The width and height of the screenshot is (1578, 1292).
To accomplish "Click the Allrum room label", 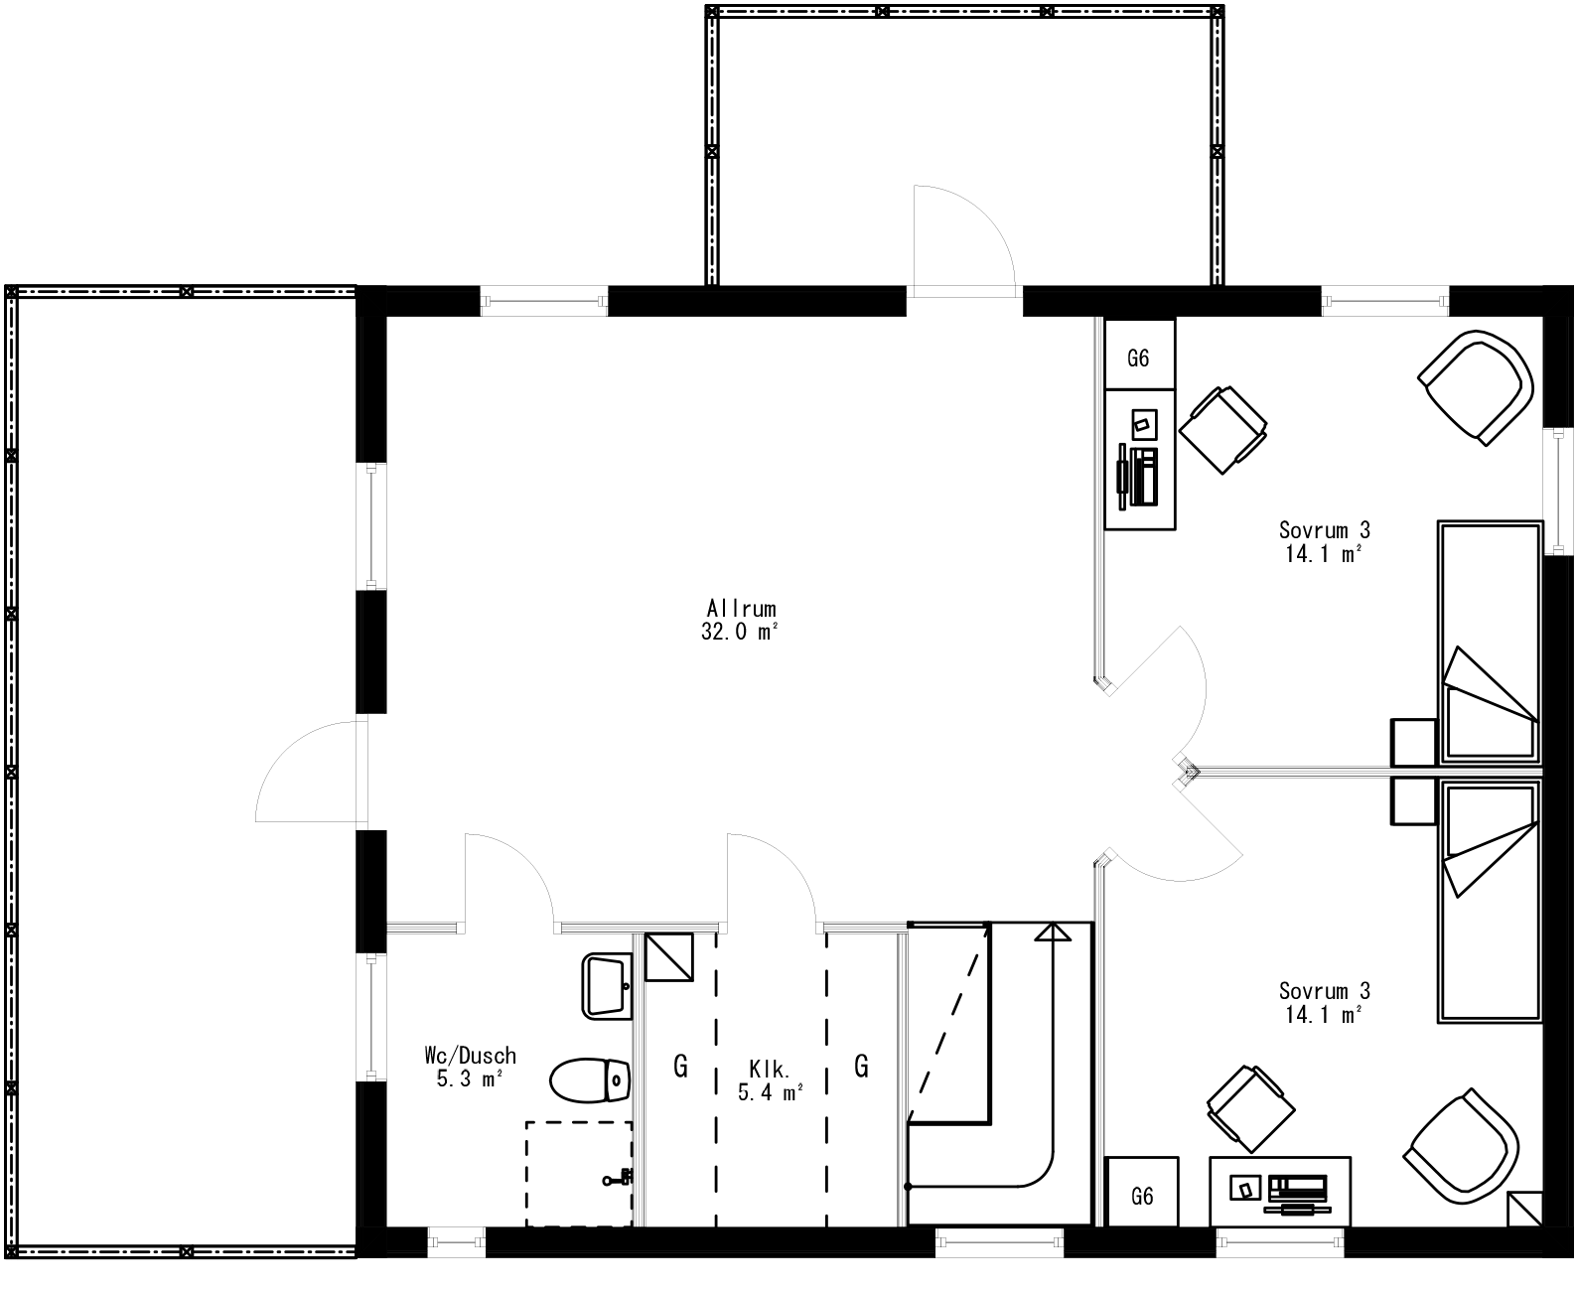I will [x=741, y=609].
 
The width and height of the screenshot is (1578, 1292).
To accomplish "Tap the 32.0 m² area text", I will [x=739, y=633].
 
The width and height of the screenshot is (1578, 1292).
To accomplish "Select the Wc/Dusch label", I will [x=470, y=1057].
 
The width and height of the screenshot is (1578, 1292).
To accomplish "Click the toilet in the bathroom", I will [x=591, y=1081].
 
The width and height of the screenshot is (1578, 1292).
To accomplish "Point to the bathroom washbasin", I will [x=607, y=985].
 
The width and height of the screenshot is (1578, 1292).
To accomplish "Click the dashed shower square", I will [x=578, y=1173].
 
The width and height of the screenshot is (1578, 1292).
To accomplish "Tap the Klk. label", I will [x=770, y=1071].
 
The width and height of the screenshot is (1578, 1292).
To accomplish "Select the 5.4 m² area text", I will [x=770, y=1093].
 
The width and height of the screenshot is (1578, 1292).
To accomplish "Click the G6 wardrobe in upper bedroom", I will [x=1139, y=357].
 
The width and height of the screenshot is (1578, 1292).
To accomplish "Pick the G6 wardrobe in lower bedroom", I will [x=1142, y=1197].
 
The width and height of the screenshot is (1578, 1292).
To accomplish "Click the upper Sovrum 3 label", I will [x=1324, y=530].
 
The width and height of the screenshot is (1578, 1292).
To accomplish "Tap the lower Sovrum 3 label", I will [x=1324, y=990].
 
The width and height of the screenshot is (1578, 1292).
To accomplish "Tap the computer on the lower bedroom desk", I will [x=1298, y=1191].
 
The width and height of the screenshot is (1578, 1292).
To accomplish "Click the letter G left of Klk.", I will [x=680, y=1067].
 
